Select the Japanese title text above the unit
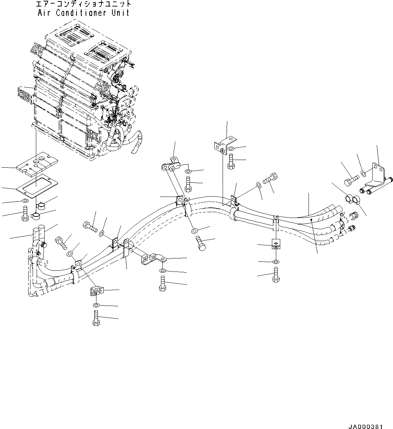(x=83, y=4)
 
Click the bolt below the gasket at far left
(x=25, y=213)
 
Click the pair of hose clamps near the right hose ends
(x=352, y=198)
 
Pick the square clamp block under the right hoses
(x=276, y=244)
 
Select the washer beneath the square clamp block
(x=276, y=261)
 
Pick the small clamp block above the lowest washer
(x=96, y=290)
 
